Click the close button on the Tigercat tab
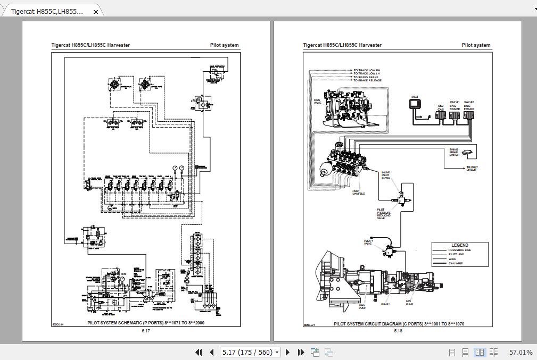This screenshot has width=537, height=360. (96, 12)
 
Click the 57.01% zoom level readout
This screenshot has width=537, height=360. (521, 352)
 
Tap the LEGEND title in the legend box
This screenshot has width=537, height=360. (460, 245)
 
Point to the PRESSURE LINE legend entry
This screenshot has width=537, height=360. (459, 250)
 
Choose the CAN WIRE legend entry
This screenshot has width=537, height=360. (456, 263)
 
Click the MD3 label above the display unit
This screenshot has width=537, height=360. (415, 97)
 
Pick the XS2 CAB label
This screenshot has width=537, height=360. (441, 107)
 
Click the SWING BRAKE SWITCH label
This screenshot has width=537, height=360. (453, 152)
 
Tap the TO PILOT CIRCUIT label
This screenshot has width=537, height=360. (472, 169)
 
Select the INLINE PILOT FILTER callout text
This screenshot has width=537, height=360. (386, 175)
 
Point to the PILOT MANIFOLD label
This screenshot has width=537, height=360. (359, 192)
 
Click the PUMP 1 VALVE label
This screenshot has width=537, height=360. (368, 242)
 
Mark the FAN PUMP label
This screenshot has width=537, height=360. (409, 303)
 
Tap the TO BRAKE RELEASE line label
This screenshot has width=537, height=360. (367, 81)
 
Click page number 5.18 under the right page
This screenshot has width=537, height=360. (398, 331)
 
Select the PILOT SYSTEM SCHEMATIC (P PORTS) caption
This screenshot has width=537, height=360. (146, 323)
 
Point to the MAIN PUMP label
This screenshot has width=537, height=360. (362, 306)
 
